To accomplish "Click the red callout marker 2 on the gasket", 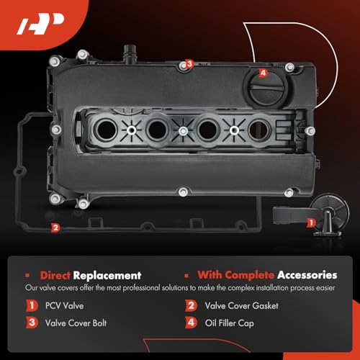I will pyautogui.click(x=56, y=228).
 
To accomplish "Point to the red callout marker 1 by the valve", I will pyautogui.click(x=311, y=223).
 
